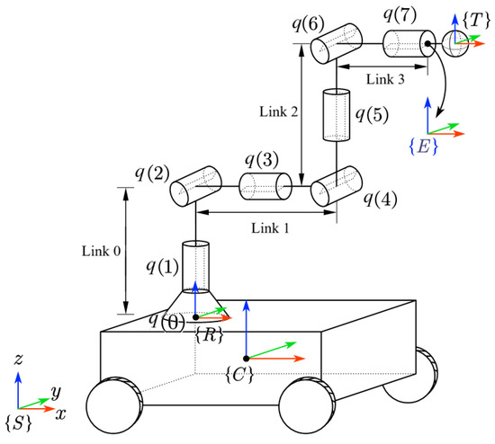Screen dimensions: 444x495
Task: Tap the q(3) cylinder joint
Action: click(x=265, y=188)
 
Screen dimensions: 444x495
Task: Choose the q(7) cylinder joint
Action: click(x=408, y=43)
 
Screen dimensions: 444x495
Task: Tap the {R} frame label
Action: click(x=209, y=333)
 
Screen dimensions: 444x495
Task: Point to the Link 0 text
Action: click(x=101, y=252)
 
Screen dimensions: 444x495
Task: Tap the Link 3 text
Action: click(x=386, y=80)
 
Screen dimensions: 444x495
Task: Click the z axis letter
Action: click(x=19, y=359)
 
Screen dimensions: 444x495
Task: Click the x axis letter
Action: click(x=60, y=417)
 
